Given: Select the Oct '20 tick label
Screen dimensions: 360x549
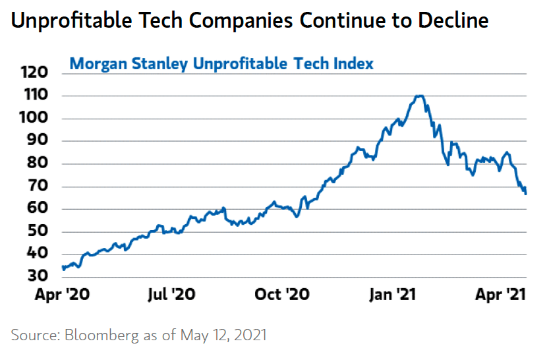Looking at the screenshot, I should pos(281,294).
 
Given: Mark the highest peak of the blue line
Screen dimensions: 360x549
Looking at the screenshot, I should pos(420,96).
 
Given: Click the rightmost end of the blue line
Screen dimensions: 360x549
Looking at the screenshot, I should pos(526,193).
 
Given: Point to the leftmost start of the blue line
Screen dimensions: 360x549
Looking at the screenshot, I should pos(63,267).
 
